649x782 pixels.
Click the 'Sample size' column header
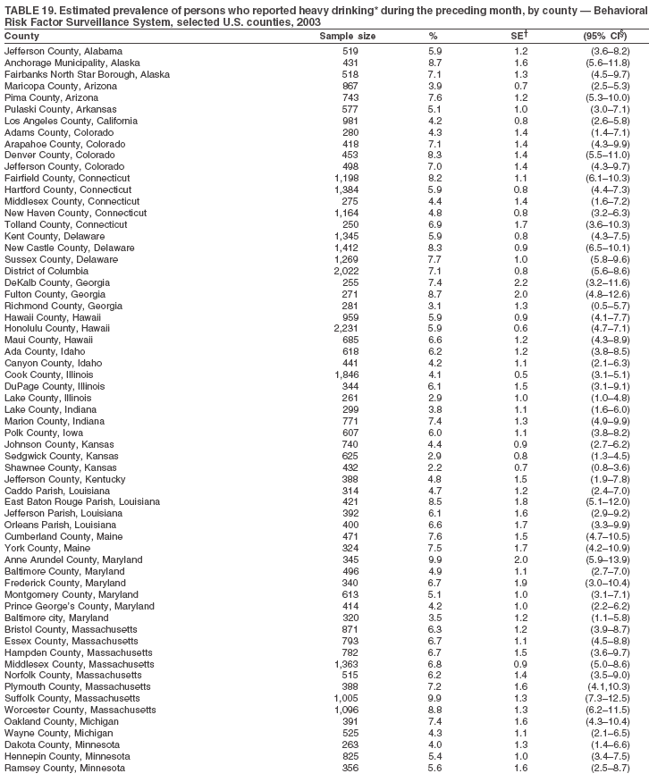(347, 36)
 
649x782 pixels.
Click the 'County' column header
(21, 36)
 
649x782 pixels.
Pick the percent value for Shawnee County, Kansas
(433, 467)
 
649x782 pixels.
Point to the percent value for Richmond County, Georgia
(433, 305)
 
